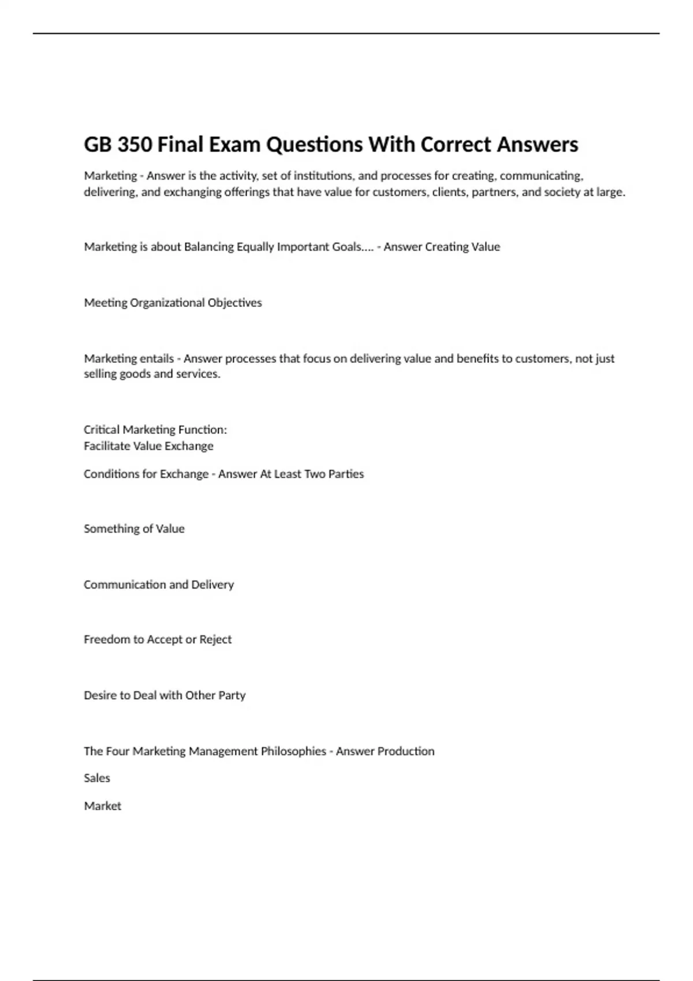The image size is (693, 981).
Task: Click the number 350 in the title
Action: click(x=135, y=144)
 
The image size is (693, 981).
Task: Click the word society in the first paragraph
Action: click(x=562, y=192)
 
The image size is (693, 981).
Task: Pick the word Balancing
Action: click(x=208, y=247)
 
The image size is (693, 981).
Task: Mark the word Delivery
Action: click(x=213, y=585)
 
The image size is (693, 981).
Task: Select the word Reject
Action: click(x=215, y=639)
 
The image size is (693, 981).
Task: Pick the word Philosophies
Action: click(x=293, y=751)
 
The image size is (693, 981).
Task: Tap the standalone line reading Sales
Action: click(x=97, y=778)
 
